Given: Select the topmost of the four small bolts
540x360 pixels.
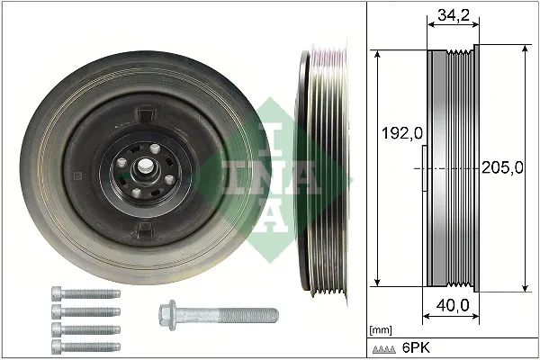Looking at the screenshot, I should [x=85, y=293].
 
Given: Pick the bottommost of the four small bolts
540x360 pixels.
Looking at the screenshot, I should [x=85, y=346].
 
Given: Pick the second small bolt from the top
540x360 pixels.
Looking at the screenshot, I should [x=85, y=310].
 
